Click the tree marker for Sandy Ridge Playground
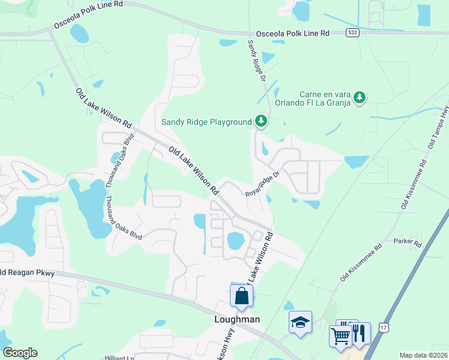pos(261,121)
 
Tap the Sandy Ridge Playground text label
pos(206,122)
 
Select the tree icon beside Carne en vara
pos(359,97)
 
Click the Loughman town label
pos(237,319)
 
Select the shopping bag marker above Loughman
pos(241,296)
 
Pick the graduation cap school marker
pos(300,322)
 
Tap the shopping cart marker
pos(340,336)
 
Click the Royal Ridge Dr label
pos(263,184)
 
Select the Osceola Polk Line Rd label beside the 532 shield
pos(293,34)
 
